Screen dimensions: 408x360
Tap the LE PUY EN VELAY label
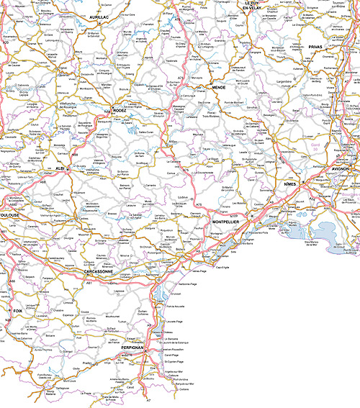(256, 6)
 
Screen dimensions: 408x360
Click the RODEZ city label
(120, 110)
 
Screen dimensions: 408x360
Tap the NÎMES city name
(290, 184)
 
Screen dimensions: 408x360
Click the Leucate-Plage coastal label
(175, 321)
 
